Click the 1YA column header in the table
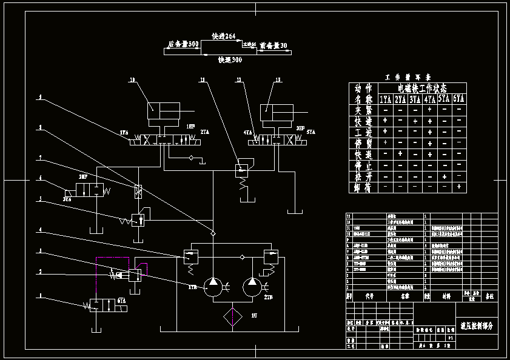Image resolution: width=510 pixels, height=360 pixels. (385, 99)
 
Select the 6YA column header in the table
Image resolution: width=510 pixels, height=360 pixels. (459, 99)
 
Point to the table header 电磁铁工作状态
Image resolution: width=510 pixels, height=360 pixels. (421, 88)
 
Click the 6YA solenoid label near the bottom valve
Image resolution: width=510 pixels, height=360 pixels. (122, 301)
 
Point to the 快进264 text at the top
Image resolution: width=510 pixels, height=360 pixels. (223, 36)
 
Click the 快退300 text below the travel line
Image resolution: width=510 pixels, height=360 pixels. (230, 60)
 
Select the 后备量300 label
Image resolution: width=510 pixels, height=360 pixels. (183, 44)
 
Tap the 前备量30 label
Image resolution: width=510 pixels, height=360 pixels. (273, 45)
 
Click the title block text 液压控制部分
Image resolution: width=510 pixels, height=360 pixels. (477, 326)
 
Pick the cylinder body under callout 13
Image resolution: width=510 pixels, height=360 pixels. (277, 112)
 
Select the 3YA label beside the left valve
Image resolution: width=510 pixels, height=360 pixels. (67, 198)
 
